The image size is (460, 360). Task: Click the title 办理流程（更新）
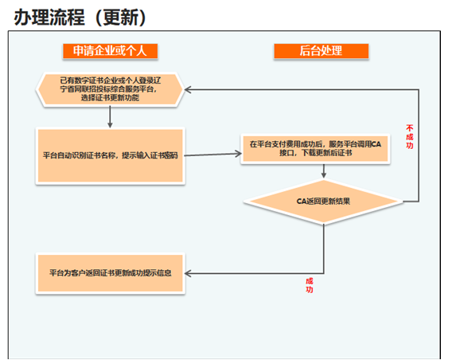tap(80, 17)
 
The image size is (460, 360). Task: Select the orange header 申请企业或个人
tap(110, 51)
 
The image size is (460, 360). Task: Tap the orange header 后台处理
tap(321, 51)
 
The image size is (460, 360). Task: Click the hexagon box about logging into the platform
tap(110, 89)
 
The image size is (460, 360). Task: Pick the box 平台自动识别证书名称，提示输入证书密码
tap(110, 155)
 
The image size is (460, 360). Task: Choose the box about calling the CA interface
tap(315, 149)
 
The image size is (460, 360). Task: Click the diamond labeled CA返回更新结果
tap(323, 202)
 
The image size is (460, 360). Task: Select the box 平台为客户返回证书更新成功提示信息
tap(110, 273)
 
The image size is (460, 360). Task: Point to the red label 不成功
tap(410, 137)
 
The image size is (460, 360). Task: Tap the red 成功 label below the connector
tap(310, 285)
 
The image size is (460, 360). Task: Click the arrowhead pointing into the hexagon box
tap(188, 89)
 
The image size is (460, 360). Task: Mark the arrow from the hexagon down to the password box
tap(110, 117)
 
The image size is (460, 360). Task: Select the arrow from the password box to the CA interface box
tap(213, 155)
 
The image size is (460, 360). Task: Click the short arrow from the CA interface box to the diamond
tap(324, 171)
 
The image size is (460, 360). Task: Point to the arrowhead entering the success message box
tap(188, 274)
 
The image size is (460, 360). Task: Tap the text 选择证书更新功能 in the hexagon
tap(110, 97)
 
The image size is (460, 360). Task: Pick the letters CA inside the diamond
tap(302, 202)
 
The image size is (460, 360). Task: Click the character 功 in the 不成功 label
tap(410, 145)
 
